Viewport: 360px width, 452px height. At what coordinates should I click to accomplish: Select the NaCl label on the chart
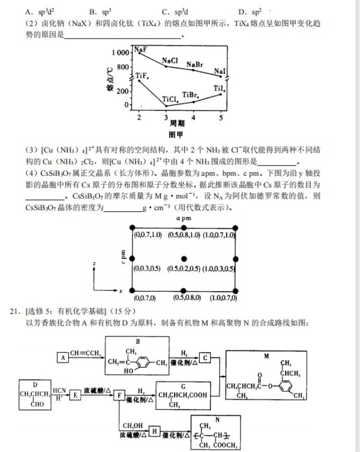(170, 61)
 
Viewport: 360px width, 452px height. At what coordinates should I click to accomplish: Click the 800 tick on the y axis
(122, 67)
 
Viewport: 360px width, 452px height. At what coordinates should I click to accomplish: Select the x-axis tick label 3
(166, 118)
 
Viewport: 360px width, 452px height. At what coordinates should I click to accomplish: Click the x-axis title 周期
(177, 124)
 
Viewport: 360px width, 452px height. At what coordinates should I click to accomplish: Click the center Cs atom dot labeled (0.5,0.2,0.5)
(184, 259)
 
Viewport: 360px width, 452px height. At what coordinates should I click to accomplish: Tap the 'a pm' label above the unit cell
(183, 218)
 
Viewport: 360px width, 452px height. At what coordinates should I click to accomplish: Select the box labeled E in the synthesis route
(74, 395)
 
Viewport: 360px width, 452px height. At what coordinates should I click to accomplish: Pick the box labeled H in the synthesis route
(154, 431)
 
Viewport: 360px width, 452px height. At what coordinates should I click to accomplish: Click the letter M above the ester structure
(265, 356)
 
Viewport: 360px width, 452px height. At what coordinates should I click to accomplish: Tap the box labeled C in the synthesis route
(205, 358)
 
